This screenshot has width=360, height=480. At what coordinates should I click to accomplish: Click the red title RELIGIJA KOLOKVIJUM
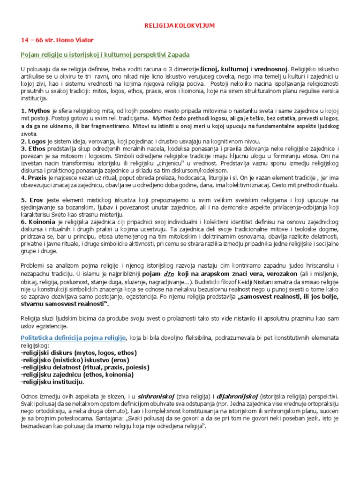click(x=180, y=26)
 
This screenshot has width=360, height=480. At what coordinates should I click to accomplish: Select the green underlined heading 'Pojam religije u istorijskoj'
click(x=105, y=55)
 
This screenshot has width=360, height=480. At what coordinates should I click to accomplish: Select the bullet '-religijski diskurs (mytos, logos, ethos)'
click(x=79, y=352)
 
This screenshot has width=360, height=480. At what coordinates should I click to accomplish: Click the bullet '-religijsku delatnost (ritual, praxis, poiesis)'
click(x=85, y=367)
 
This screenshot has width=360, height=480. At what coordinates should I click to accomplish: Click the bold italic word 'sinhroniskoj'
click(x=157, y=397)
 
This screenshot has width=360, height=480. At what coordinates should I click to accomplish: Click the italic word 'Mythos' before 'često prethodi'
click(x=163, y=119)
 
